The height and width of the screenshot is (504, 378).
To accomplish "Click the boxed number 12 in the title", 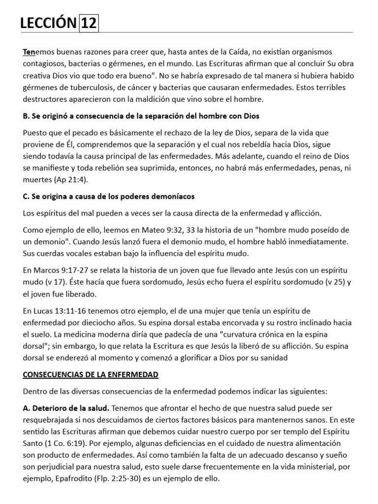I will coord(89,23).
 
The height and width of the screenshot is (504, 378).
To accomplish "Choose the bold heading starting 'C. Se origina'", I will coord(109,196).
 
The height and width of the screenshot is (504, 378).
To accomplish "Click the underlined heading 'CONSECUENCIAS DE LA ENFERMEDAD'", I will coord(91,375).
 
